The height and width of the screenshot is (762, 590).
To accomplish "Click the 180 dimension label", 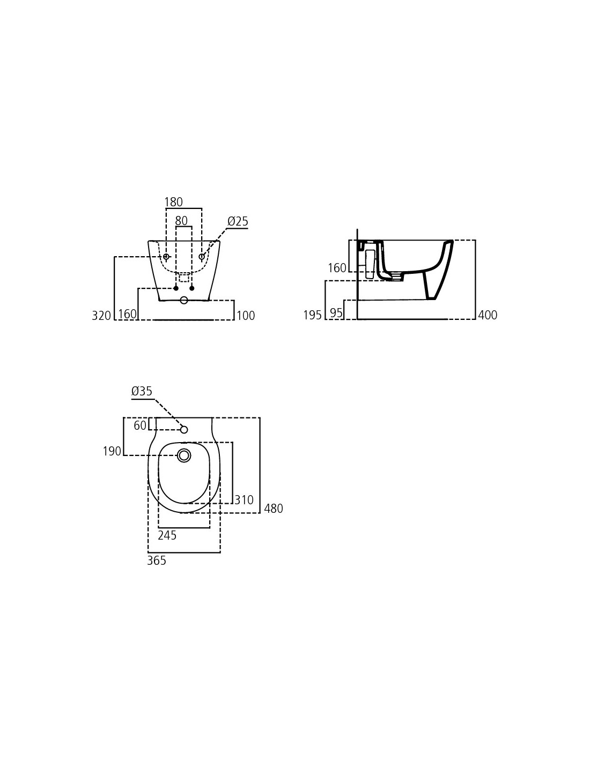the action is point(173,202).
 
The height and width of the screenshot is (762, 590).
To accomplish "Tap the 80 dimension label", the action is point(181,221).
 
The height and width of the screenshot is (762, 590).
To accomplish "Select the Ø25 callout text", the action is point(238,221).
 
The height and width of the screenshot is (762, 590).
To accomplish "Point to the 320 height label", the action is point(101,316).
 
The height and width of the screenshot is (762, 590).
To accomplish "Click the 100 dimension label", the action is point(246,316).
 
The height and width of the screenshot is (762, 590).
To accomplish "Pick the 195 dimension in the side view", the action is point(312,315).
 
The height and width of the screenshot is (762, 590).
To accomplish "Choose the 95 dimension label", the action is point(336,313).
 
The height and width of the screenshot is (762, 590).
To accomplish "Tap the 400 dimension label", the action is point(488,315).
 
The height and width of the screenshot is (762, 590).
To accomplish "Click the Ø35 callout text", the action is point(142,391).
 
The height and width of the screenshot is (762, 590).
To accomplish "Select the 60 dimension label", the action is point(140,425).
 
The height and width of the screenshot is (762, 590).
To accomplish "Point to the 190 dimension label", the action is point(112,451).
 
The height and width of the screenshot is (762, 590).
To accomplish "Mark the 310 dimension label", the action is point(244,500).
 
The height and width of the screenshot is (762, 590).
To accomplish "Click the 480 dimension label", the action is point(274,509).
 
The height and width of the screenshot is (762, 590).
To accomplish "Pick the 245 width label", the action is point(167,535).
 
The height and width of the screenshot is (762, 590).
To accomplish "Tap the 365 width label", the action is point(157,561).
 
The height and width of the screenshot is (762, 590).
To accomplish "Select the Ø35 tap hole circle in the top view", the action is point(184,430).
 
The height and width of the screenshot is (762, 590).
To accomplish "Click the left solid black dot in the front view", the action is point(176,288).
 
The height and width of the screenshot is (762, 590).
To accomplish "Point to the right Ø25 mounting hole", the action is point(202,257).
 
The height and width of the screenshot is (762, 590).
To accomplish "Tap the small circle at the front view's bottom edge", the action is point(183,300).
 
